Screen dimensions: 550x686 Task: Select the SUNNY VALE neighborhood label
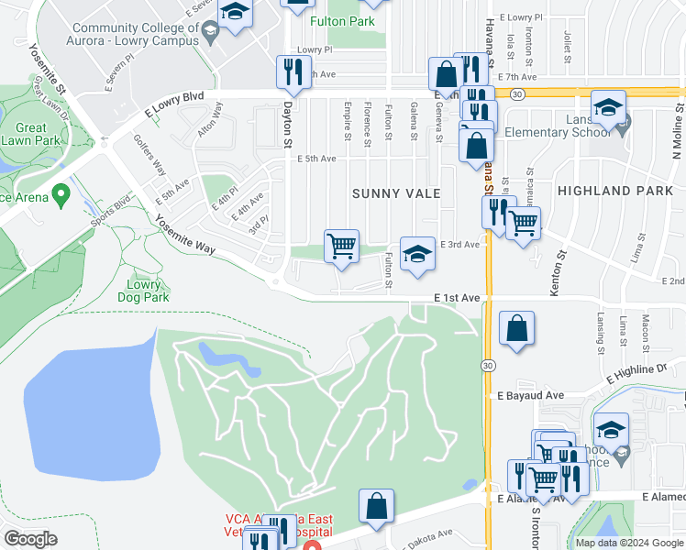[x=397, y=194]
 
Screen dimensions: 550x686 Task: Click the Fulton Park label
[x=342, y=21]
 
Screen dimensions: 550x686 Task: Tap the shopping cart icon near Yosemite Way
[x=341, y=246]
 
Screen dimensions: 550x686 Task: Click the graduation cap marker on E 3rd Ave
[x=417, y=253]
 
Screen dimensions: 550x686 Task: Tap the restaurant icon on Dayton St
[x=293, y=71]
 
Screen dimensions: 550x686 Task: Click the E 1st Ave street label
[x=458, y=298]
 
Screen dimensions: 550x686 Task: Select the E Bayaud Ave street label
[x=529, y=396]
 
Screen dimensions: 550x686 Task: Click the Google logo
[x=31, y=538]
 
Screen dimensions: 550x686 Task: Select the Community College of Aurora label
[x=134, y=34]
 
